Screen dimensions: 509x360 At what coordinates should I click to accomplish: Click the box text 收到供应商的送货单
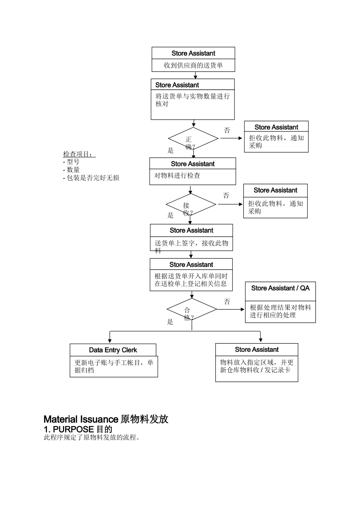coord(193,65)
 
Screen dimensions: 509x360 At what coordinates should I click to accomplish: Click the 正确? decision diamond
coord(193,139)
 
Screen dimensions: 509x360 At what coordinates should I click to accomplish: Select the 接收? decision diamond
coord(191,205)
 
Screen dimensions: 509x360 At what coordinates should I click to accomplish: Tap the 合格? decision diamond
coord(192,309)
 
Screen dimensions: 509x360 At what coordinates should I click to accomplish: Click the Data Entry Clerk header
coord(113,350)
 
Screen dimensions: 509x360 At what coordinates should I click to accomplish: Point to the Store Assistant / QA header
coord(280,288)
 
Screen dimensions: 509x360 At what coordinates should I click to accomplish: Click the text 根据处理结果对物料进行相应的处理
coord(280,311)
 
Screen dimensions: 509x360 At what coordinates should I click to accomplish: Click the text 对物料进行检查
coord(177,175)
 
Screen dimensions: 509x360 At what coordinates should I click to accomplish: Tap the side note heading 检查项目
coord(79,154)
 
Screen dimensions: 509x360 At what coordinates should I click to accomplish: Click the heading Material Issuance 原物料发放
coord(106,419)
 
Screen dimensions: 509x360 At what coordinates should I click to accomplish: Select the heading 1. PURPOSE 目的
coord(78,429)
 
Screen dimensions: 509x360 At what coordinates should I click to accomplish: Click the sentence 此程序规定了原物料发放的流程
coord(92,438)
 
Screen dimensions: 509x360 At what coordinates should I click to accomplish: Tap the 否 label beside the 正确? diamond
coord(227,130)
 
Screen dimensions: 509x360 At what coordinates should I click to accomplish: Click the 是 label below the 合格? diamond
coord(170,322)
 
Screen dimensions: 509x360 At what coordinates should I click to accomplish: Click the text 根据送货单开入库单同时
coord(191,276)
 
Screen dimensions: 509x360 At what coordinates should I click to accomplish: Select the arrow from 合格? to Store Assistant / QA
coord(231,309)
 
